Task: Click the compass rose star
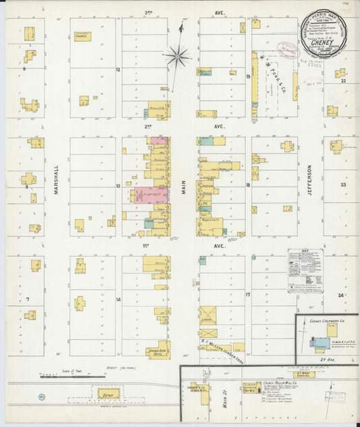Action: pyautogui.click(x=177, y=56)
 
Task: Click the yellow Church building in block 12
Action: pyautogui.click(x=82, y=36)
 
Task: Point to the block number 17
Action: pyautogui.click(x=248, y=295)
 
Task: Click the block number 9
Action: pyautogui.click(x=24, y=69)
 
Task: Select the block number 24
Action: pyautogui.click(x=341, y=296)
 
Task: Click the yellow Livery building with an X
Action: pyautogui.click(x=207, y=316)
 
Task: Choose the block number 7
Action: pyautogui.click(x=28, y=299)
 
